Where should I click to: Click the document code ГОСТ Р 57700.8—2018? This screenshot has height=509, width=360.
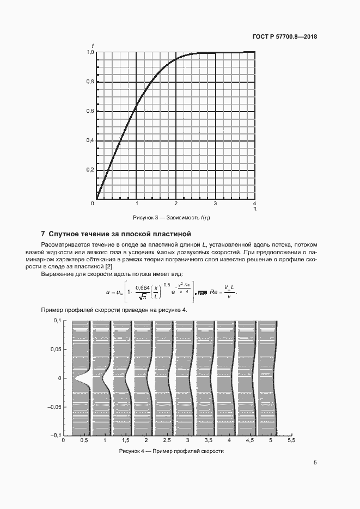pos(285,37)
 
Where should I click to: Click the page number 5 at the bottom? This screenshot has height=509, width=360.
pos(315,463)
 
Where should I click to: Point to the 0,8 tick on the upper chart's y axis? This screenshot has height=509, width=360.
pos(90,82)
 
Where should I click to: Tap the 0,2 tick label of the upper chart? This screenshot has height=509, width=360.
pos(90,170)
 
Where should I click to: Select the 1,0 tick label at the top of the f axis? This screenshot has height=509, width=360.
pos(90,53)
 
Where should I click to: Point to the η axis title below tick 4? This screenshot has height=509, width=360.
pos(255,208)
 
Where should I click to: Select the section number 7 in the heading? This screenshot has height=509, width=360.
pos(43,234)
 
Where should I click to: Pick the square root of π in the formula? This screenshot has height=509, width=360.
pos(142,297)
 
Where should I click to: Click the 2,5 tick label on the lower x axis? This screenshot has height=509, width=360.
pos(167,440)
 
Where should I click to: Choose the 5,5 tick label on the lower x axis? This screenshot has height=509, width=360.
pos(291,440)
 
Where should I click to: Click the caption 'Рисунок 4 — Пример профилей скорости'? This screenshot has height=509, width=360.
pos(171,451)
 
